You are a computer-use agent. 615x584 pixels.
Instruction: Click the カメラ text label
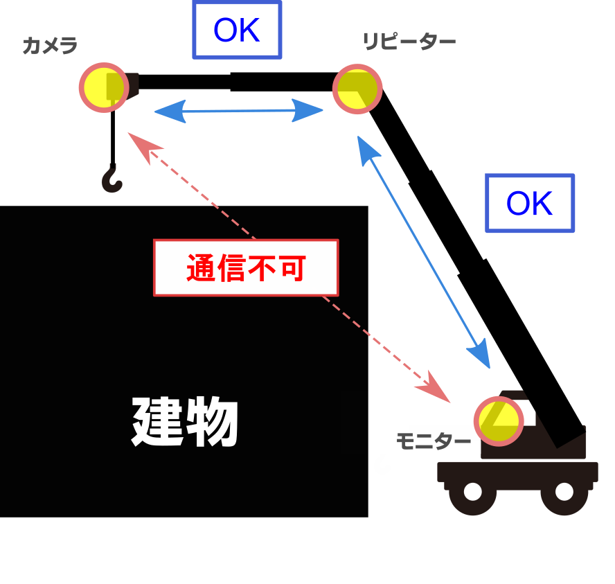49,46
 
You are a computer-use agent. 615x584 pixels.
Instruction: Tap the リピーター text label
409,42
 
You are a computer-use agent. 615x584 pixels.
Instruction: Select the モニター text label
433,442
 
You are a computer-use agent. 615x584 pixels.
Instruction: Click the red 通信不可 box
246,268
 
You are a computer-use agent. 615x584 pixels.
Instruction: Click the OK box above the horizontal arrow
237,30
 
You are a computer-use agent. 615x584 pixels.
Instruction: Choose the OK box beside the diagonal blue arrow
530,204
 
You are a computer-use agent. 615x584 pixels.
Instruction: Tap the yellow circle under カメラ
104,87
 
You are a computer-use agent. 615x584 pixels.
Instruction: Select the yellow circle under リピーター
357,89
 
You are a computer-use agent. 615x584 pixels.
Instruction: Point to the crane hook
112,179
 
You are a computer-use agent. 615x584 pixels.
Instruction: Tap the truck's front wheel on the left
472,492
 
